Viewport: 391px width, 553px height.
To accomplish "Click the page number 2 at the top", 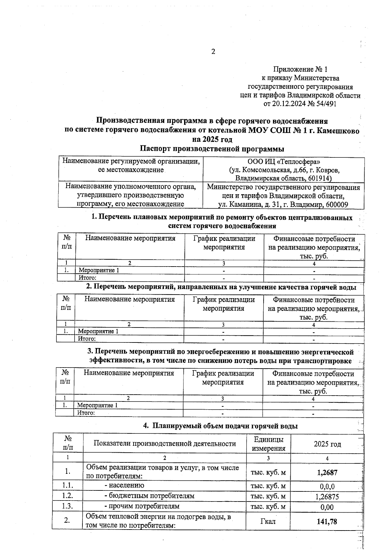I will point(213,51).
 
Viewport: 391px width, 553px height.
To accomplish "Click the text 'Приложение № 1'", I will point(300,69).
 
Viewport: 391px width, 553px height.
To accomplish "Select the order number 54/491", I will point(325,104).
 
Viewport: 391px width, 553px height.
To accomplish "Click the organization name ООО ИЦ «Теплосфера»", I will point(283,161).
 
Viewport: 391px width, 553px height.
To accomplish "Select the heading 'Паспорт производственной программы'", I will point(212,149).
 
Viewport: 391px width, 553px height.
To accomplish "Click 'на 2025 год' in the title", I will point(212,140).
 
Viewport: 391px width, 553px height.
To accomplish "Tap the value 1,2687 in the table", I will point(327,473).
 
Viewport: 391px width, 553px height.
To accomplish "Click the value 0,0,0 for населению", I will point(327,487).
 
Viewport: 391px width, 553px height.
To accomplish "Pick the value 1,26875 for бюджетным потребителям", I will point(327,497).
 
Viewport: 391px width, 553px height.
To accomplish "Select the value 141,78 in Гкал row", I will point(327,522).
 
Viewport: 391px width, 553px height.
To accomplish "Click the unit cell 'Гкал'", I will point(268,522).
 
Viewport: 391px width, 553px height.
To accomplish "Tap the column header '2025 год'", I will point(327,444).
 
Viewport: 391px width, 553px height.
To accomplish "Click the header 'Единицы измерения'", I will point(268,444).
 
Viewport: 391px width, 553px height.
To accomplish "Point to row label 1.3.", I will point(67,506).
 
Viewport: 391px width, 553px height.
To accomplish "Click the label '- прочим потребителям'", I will point(142,506).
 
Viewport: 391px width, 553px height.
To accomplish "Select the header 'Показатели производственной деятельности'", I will point(165,444).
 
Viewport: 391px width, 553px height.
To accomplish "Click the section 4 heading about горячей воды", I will point(221,426).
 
